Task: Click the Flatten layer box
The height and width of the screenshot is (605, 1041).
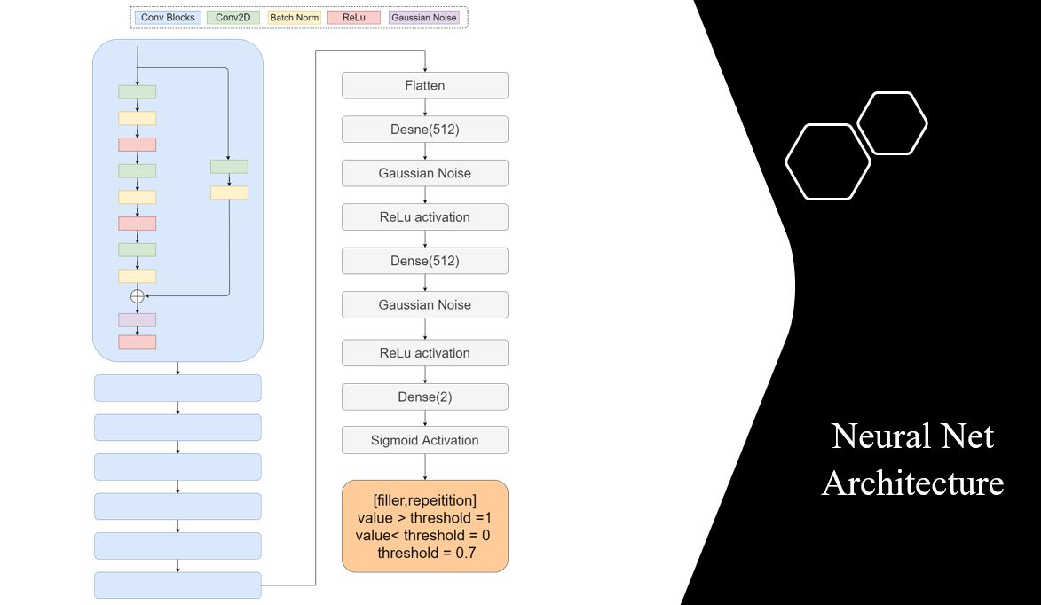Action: pyautogui.click(x=425, y=86)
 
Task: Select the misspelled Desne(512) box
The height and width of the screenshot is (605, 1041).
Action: pyautogui.click(x=425, y=130)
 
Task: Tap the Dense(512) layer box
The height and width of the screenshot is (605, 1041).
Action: pyautogui.click(x=425, y=261)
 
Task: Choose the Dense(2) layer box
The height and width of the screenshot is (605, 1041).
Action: pyautogui.click(x=425, y=397)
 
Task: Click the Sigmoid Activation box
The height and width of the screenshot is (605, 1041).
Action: pyautogui.click(x=425, y=440)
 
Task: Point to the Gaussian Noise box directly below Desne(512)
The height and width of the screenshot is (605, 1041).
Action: pyautogui.click(x=425, y=173)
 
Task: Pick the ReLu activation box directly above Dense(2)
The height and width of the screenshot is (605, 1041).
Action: pyautogui.click(x=425, y=353)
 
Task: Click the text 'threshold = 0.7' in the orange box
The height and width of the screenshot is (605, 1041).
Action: pyautogui.click(x=424, y=554)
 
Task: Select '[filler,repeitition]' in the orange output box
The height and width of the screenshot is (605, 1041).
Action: pyautogui.click(x=424, y=499)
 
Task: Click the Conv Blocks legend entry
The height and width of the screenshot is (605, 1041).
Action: pyautogui.click(x=168, y=17)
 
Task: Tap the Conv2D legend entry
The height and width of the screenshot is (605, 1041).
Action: pyautogui.click(x=232, y=17)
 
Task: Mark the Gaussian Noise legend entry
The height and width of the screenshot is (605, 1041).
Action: pyautogui.click(x=424, y=17)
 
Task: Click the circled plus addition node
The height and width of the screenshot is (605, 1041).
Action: pyautogui.click(x=137, y=296)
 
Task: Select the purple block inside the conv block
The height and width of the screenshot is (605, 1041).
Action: pyautogui.click(x=137, y=319)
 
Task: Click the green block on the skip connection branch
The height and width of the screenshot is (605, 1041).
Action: pyautogui.click(x=229, y=167)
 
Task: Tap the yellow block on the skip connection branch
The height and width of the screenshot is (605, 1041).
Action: pyautogui.click(x=229, y=192)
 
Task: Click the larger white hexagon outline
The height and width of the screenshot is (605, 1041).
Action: pyautogui.click(x=827, y=161)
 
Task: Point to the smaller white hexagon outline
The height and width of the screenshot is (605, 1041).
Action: pyautogui.click(x=892, y=123)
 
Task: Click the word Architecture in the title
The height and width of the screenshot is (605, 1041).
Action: pyautogui.click(x=912, y=483)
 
